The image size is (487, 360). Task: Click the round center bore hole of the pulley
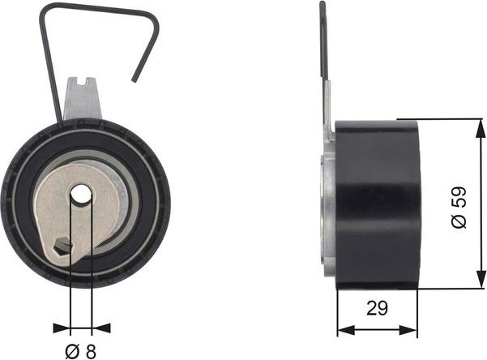(82, 195)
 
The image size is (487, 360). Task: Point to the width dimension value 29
(377, 309)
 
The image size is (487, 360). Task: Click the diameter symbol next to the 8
(71, 352)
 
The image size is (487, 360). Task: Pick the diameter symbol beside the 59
(459, 221)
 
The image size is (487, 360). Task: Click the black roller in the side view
(376, 203)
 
